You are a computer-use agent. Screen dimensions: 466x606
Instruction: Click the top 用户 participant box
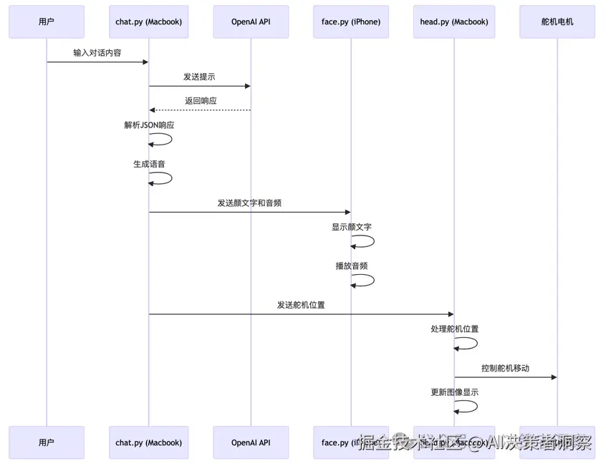pos(47,22)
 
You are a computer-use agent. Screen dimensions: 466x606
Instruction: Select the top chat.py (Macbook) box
pos(148,22)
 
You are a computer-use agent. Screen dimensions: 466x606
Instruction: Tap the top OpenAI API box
pos(251,22)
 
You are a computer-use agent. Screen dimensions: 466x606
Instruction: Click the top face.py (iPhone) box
pos(351,22)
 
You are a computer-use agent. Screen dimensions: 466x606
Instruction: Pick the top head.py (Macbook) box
pos(454,22)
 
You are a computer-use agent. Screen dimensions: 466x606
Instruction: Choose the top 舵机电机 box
pos(557,22)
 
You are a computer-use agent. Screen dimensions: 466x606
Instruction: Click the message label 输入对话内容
pos(97,53)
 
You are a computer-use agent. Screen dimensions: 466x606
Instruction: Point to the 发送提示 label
pos(199,77)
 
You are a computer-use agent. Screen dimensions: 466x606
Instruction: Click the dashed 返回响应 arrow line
pos(200,110)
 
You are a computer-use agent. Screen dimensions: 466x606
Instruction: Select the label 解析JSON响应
pos(149,125)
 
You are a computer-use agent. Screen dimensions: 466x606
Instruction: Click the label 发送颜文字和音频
pos(249,203)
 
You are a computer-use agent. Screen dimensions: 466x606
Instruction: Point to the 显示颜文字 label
pos(351,227)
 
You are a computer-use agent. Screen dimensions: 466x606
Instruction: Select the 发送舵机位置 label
pos(301,305)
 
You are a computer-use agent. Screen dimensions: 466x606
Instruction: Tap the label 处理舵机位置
pos(454,329)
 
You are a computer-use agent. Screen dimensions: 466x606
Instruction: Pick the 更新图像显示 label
pos(454,392)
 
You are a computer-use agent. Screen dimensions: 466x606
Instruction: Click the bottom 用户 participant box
pos(47,443)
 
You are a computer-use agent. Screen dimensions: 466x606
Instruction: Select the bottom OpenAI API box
pos(251,443)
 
